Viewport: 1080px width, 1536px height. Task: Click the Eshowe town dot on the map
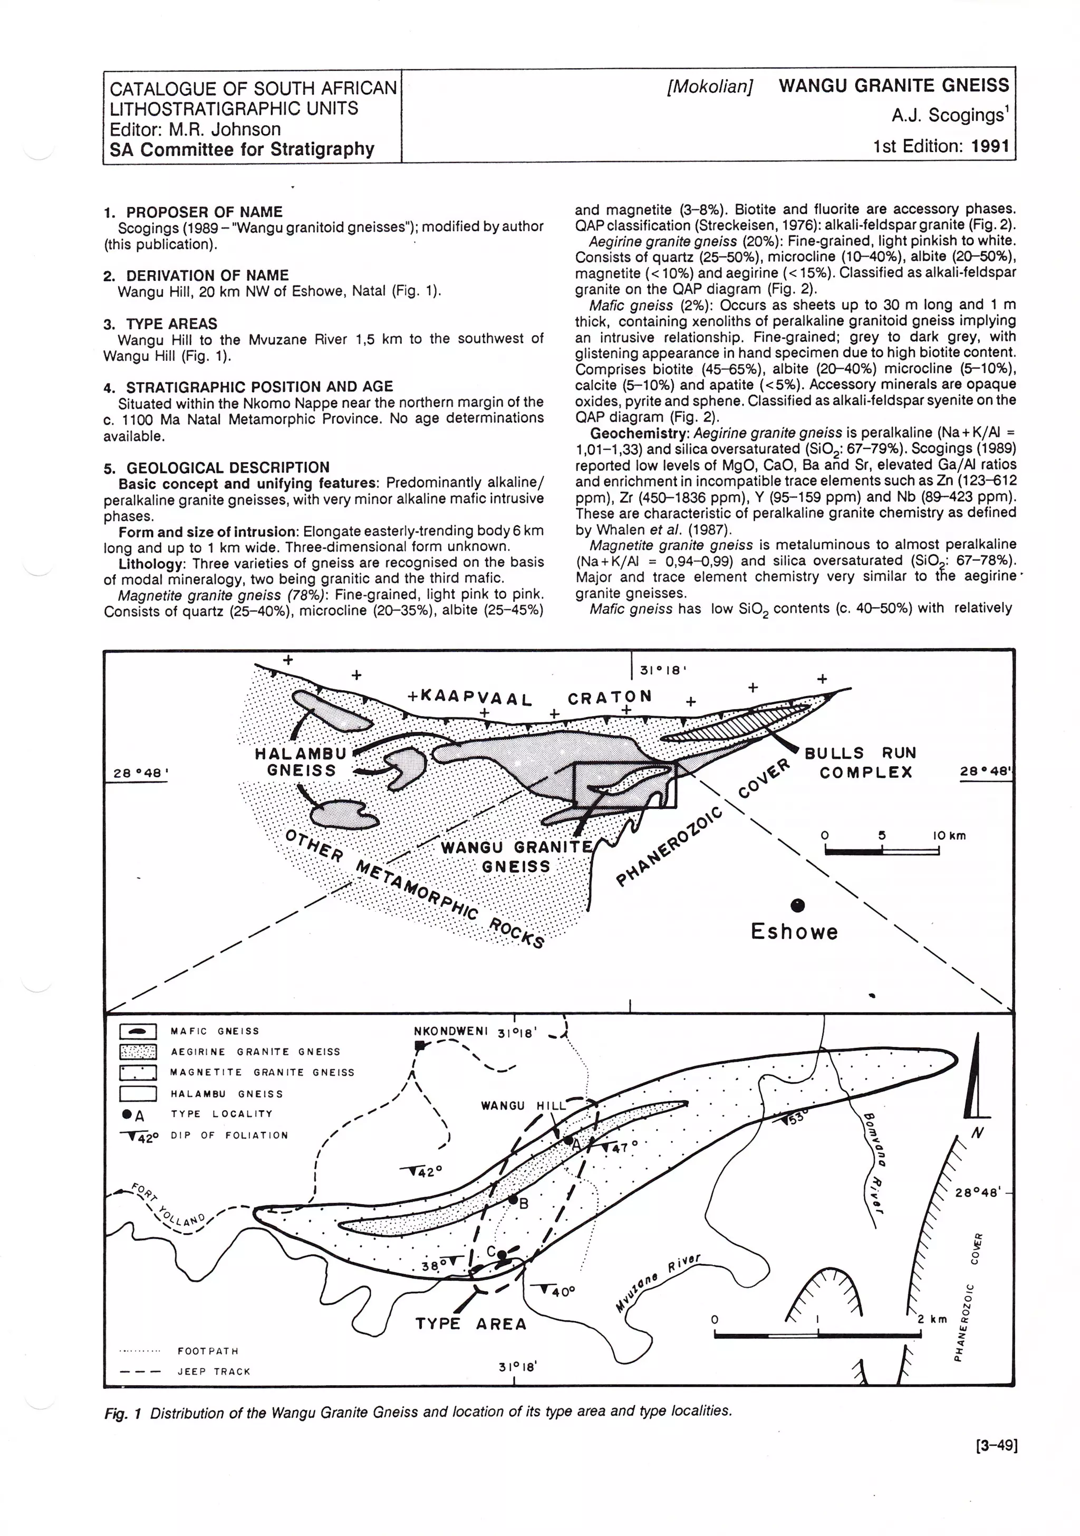pos(797,905)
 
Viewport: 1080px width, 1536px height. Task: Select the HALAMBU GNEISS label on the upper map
pos(301,761)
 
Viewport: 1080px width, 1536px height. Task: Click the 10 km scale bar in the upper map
pos(882,850)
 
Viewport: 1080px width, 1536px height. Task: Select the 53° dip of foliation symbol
pos(790,1118)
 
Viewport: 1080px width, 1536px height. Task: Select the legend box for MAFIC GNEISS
pos(138,1032)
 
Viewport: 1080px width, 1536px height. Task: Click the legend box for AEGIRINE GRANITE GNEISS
pos(138,1052)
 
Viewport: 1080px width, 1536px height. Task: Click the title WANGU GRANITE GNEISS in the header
pos(893,85)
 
